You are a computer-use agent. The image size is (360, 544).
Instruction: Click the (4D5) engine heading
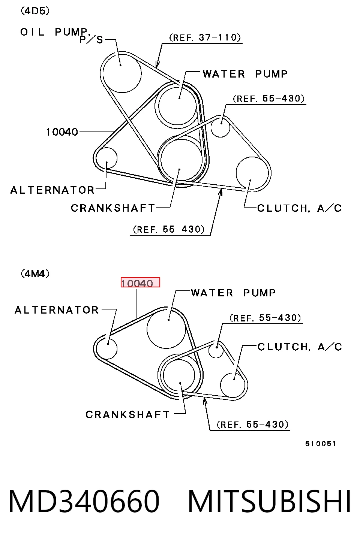pos(35,11)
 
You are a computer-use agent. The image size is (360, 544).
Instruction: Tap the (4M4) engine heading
pos(35,274)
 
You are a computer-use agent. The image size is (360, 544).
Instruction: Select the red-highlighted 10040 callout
pos(140,282)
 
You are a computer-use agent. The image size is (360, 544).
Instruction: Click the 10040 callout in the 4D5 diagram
pos(62,132)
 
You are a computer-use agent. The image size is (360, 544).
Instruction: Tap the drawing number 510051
pos(321,444)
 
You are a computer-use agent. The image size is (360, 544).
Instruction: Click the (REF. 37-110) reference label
pos(205,37)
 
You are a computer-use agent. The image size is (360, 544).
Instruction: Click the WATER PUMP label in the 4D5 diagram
pos(245,74)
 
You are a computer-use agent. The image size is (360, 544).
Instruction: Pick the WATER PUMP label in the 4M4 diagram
pos(233,293)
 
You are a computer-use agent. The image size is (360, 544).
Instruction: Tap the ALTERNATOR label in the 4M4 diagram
pos(57,310)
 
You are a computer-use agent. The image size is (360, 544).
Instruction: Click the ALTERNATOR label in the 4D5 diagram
pos(52,190)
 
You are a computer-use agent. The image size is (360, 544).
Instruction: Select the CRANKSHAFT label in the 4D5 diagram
pos(113,208)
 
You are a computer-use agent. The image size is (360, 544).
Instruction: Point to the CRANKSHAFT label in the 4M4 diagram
pos(127,415)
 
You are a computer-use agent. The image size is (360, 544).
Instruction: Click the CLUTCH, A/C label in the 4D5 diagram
pos(300,208)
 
